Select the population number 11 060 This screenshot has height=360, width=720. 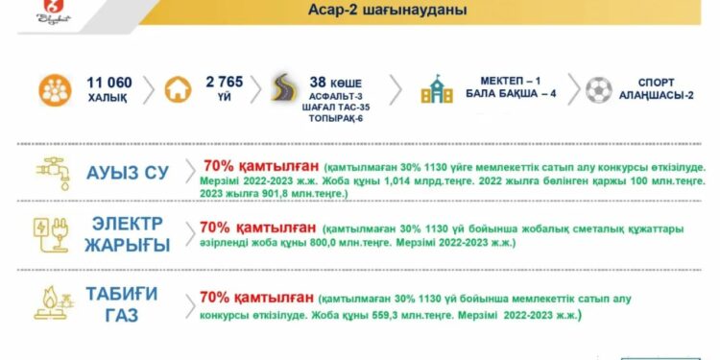tap(109, 82)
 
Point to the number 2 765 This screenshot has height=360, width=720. tap(225, 82)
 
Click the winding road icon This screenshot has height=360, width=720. tap(285, 88)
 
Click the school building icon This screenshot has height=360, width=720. tap(437, 90)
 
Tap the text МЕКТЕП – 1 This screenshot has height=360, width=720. tap(513, 83)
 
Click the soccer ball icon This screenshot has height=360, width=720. tap(597, 89)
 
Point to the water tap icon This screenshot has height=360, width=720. tap(53, 173)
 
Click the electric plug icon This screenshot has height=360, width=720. tap(53, 236)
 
